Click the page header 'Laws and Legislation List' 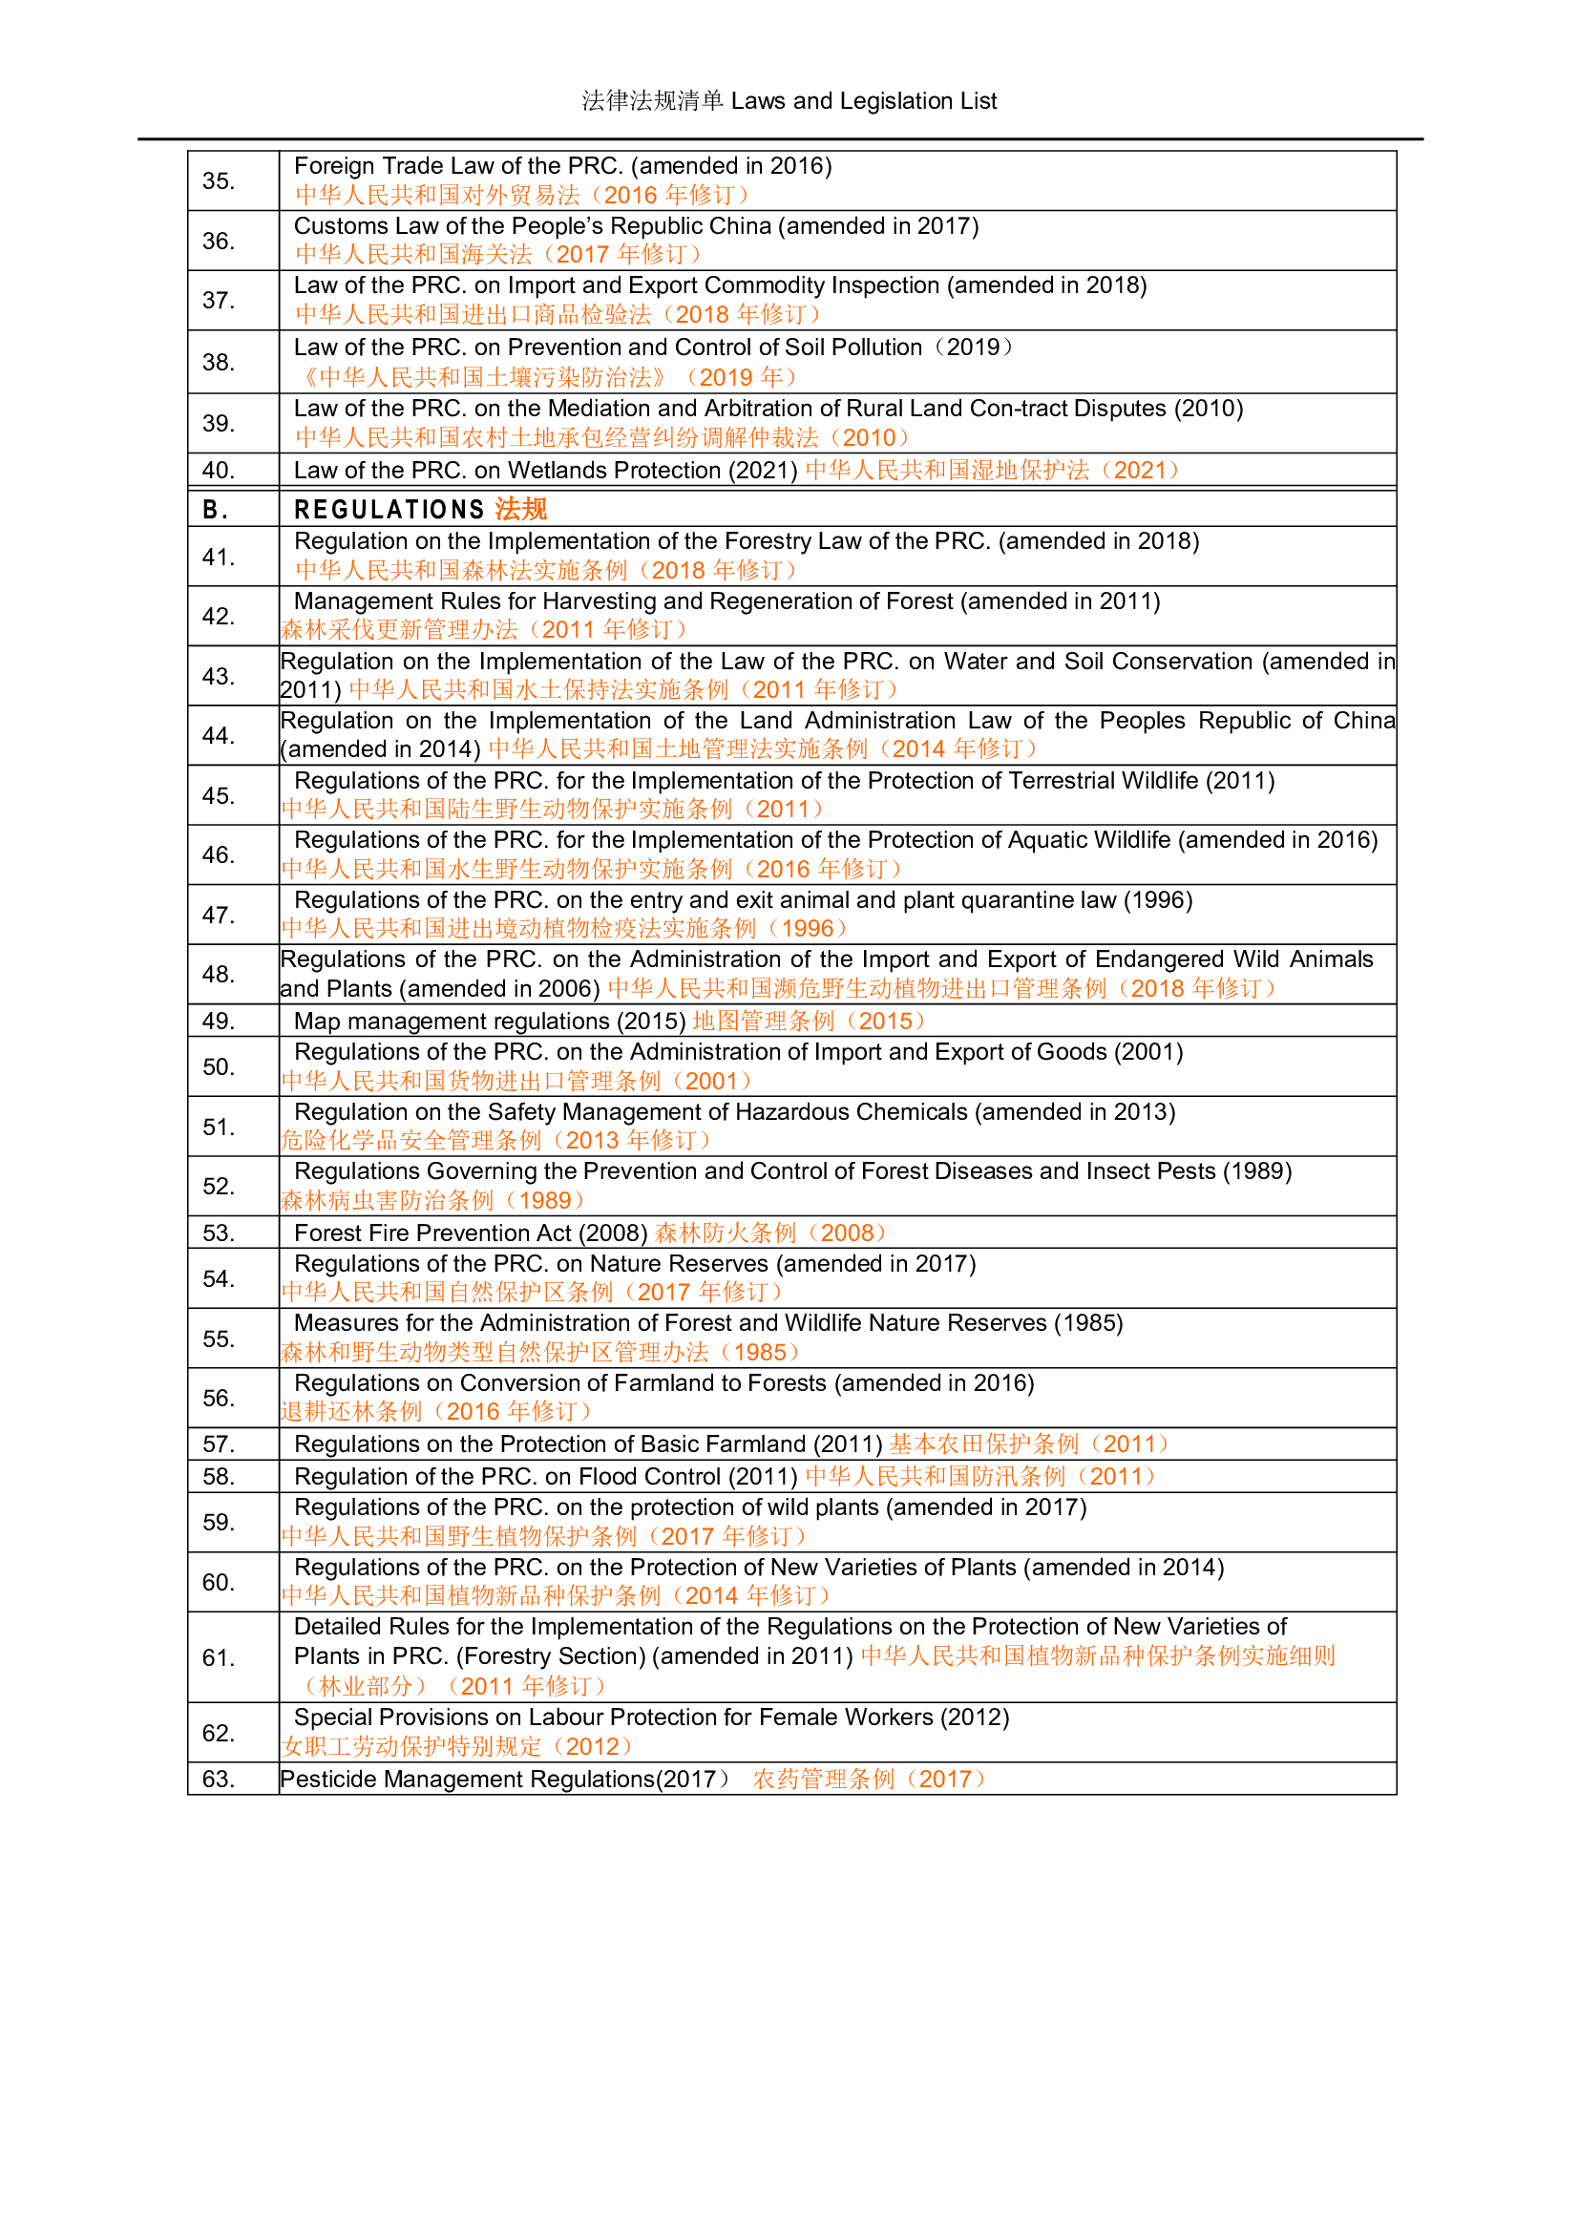[863, 101]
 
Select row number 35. [218, 181]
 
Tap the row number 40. [218, 471]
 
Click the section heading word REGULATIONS [389, 510]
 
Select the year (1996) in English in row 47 [1158, 900]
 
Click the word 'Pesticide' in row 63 [326, 1780]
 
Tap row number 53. [218, 1233]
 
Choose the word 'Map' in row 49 [317, 1022]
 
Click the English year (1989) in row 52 [1257, 1171]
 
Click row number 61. [218, 1658]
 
